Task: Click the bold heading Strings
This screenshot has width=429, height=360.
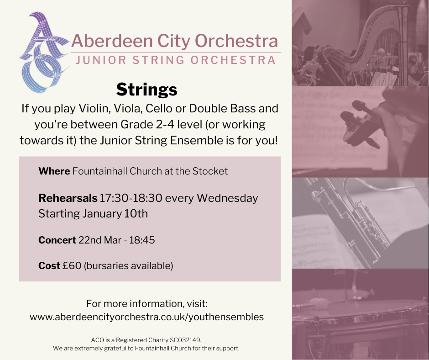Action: (x=146, y=89)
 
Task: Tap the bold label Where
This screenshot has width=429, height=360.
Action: (x=54, y=171)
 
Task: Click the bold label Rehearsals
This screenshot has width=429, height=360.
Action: (x=68, y=198)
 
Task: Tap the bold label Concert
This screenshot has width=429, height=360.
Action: (x=57, y=240)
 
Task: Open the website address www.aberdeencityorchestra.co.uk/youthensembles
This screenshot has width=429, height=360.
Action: (x=146, y=317)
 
